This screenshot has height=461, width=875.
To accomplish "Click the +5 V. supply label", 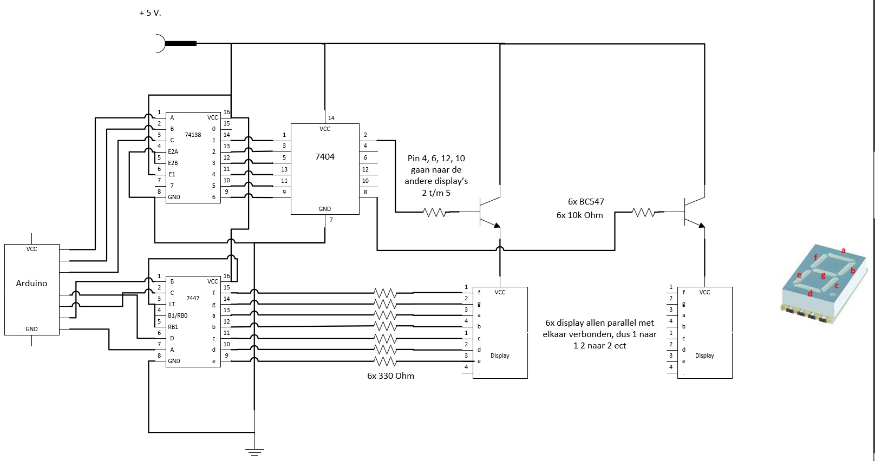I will [x=150, y=12].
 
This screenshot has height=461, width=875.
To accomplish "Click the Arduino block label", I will [x=31, y=283].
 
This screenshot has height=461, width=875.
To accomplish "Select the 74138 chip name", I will [x=193, y=135].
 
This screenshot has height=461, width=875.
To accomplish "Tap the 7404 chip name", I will [x=325, y=156].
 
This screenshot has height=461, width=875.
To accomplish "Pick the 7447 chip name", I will [x=193, y=298].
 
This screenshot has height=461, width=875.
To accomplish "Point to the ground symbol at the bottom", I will [x=254, y=450].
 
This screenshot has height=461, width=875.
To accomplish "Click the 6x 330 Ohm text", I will [x=390, y=376].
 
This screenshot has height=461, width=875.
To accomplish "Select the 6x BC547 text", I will [x=586, y=201].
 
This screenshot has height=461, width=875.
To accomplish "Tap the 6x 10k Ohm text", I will [x=579, y=215].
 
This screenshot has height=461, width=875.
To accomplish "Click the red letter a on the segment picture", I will [x=843, y=250].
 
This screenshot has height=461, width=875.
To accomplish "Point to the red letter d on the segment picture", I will [x=810, y=294].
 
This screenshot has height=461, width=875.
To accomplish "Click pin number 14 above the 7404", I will [x=331, y=117].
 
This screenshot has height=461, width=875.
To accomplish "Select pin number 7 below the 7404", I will [x=331, y=220].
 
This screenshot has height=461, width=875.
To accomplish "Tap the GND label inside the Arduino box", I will [x=31, y=329].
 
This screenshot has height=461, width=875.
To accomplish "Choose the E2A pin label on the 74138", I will [x=173, y=152].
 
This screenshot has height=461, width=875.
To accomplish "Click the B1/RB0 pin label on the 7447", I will [x=178, y=315].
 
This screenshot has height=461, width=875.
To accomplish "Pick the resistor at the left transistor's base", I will [x=434, y=213].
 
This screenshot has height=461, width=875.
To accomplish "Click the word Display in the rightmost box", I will [x=704, y=355].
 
